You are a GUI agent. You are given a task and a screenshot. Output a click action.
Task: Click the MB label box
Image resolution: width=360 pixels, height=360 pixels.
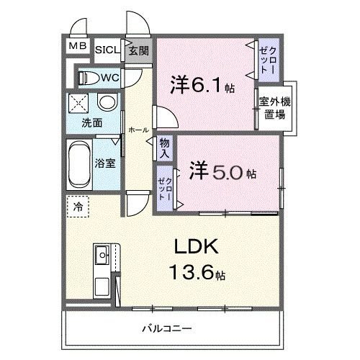point(77,48)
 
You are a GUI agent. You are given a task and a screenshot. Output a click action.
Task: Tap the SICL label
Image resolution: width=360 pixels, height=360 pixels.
point(107,50)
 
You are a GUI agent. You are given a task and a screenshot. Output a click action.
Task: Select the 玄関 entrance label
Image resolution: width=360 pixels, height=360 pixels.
point(138,50)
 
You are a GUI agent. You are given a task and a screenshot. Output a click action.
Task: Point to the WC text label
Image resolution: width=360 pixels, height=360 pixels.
point(110,77)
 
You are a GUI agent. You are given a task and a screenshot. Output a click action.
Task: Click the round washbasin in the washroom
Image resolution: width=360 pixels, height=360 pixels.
point(107,102)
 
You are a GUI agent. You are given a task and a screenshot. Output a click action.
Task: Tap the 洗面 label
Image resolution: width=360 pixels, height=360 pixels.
point(91,122)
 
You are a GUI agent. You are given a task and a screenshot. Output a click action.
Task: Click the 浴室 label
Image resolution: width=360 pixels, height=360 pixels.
point(105,163)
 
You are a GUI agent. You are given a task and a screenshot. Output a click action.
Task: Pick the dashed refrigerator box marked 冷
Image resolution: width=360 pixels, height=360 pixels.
point(78,206)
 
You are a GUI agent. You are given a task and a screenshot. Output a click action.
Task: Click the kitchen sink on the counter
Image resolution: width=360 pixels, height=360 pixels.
point(101,253)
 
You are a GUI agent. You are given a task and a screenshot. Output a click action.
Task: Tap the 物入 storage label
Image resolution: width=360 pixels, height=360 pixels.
point(165,148)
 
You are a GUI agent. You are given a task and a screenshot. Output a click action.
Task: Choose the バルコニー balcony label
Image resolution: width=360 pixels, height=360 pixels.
point(167,329)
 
